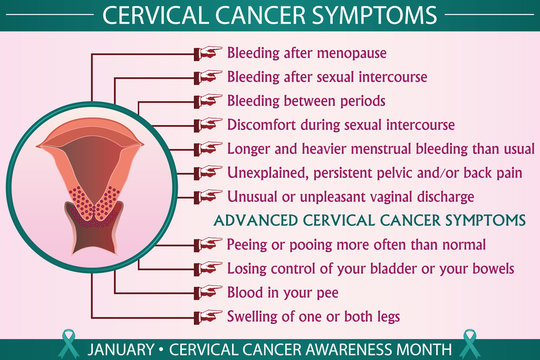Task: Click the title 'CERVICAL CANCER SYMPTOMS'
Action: (x=270, y=17)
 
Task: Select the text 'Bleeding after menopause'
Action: (x=307, y=52)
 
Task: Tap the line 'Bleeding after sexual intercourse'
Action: (x=327, y=76)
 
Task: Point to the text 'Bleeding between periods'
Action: (x=306, y=101)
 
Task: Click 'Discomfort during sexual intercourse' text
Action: (x=341, y=125)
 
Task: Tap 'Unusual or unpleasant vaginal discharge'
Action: (x=350, y=196)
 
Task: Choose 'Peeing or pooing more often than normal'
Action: (x=356, y=244)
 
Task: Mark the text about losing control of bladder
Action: (x=369, y=268)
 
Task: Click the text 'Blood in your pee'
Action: (x=284, y=292)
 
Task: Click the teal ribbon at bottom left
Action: (x=68, y=344)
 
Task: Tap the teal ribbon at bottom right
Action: (x=471, y=344)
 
